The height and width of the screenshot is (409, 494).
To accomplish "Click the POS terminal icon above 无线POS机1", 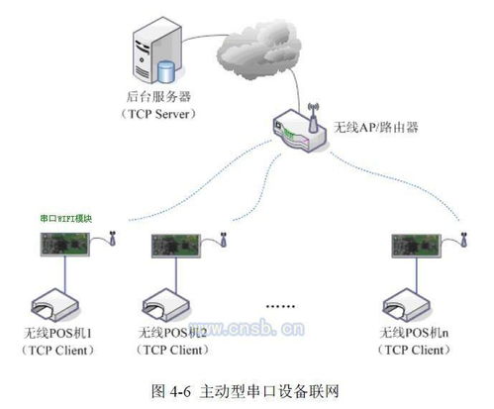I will coord(59,298).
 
